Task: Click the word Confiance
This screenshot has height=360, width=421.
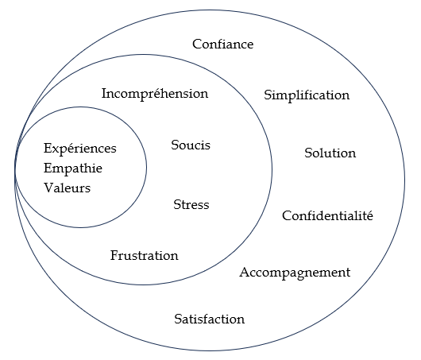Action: (223, 44)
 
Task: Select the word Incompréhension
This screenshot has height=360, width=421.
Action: (155, 94)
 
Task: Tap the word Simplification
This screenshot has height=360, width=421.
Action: (307, 95)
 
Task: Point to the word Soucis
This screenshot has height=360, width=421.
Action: (191, 145)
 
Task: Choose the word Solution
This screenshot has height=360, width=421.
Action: (330, 153)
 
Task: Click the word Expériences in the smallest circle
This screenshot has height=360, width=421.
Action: (80, 149)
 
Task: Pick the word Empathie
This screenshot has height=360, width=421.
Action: (73, 169)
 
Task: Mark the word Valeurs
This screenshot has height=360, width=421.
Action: (68, 188)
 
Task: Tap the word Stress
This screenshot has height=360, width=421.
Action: (191, 205)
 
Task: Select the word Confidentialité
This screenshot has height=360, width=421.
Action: (327, 215)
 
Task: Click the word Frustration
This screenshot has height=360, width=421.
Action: (145, 255)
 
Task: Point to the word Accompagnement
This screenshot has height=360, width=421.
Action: (295, 273)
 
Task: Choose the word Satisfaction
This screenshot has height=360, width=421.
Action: (210, 319)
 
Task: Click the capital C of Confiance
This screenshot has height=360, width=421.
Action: (197, 45)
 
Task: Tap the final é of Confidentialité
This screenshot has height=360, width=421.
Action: (369, 215)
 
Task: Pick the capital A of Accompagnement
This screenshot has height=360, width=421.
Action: (245, 273)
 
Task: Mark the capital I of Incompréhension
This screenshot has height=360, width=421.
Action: (104, 94)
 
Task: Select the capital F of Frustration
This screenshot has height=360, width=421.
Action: (114, 255)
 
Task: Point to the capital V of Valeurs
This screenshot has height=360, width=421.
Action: (48, 188)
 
